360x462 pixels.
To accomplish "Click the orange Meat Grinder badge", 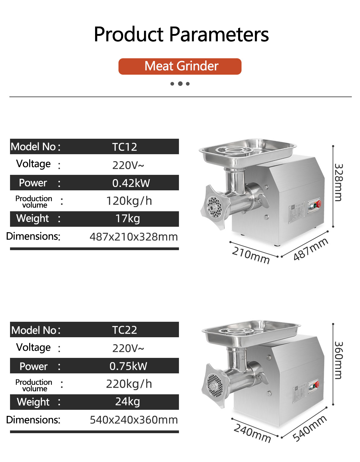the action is (x=180, y=66).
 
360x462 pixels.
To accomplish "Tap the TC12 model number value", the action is (x=125, y=147).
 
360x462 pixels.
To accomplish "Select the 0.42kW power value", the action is (x=131, y=183).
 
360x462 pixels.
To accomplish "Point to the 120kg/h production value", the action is (x=129, y=201).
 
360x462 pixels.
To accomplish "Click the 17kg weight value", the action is (x=128, y=219).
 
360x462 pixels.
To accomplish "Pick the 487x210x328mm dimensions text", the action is (x=134, y=237).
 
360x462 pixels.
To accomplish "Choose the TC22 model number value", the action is (x=125, y=330).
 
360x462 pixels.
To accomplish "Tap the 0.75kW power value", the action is (x=128, y=366).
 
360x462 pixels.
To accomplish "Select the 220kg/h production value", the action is (x=129, y=384).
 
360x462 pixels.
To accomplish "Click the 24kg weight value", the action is (x=128, y=402).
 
